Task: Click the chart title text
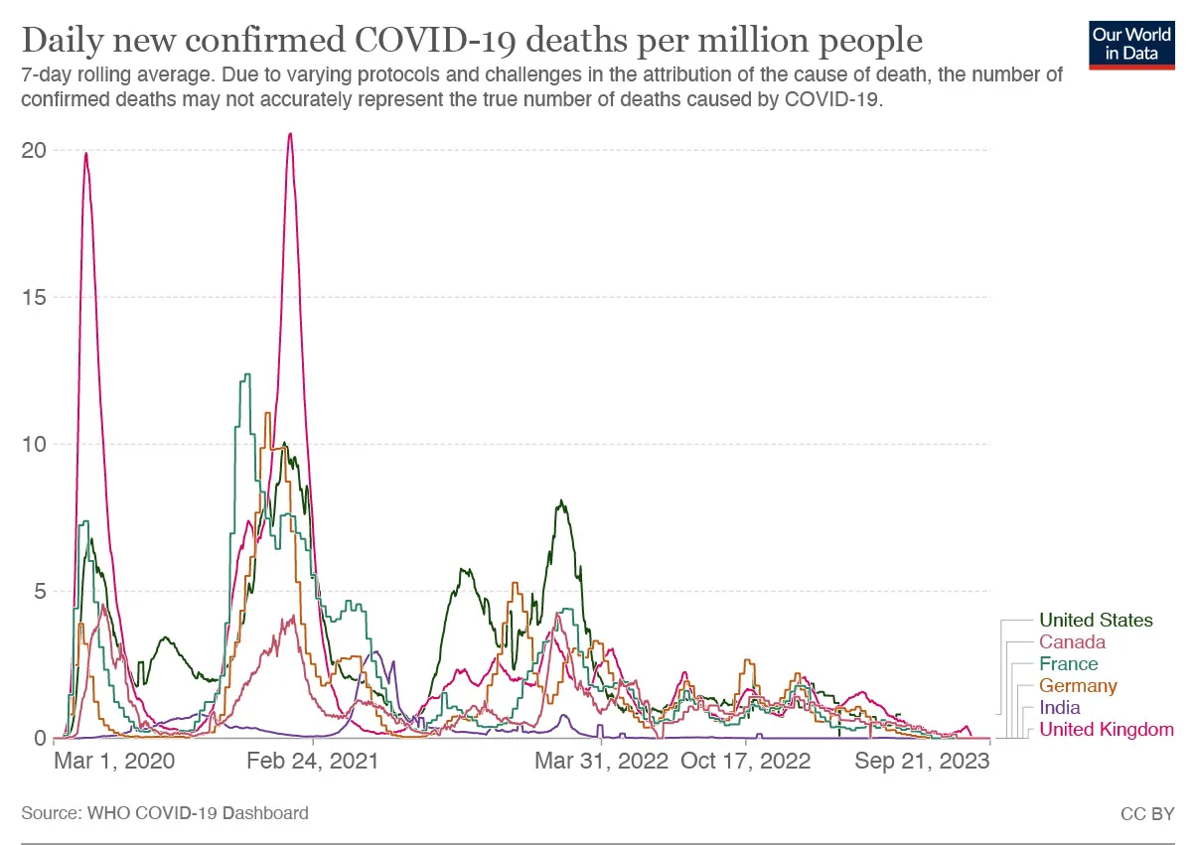(x=472, y=41)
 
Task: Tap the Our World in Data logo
(x=1131, y=43)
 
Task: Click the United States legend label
(x=1096, y=621)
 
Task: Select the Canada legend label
(x=1072, y=642)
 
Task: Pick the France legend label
(x=1068, y=664)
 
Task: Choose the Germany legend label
(x=1078, y=686)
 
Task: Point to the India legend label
(x=1059, y=708)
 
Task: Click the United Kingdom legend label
(x=1106, y=730)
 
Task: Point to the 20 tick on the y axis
(x=35, y=150)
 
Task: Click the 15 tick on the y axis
(x=35, y=297)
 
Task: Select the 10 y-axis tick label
(x=35, y=444)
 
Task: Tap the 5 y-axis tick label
(x=41, y=591)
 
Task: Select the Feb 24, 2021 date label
(x=312, y=762)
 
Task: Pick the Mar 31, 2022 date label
(x=601, y=762)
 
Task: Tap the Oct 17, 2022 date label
(x=746, y=762)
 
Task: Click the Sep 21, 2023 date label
(x=922, y=762)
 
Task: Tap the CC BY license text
(x=1147, y=813)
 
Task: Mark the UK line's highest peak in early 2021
(x=290, y=134)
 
